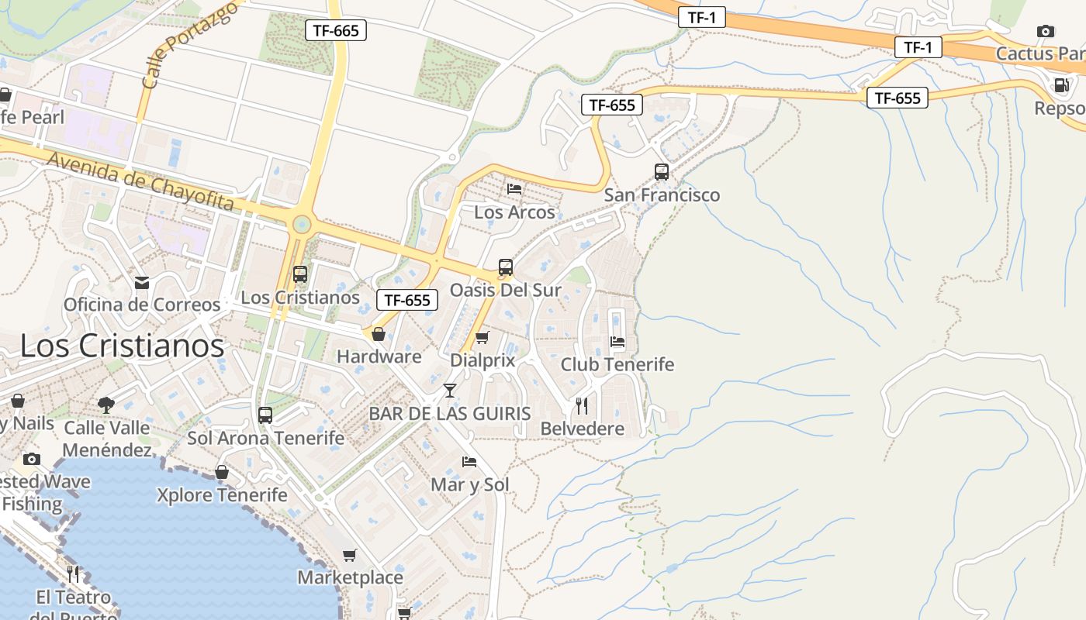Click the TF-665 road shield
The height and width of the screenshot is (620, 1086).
click(336, 30)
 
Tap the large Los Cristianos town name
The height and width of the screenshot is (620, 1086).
click(122, 346)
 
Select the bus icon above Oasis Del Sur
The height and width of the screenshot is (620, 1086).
click(506, 268)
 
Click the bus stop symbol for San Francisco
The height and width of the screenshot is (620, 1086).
click(662, 172)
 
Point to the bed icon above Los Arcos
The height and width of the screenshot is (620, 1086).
click(514, 188)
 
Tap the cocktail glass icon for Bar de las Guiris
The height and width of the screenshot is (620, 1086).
click(450, 390)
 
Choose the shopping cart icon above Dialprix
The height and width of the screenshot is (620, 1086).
click(482, 337)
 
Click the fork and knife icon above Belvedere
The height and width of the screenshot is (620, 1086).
click(582, 405)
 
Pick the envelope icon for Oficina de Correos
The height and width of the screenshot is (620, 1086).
click(141, 282)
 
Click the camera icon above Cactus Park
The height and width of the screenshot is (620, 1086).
click(1046, 32)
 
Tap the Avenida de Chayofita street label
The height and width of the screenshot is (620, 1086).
click(140, 181)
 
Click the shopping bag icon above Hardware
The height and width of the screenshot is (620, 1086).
click(379, 334)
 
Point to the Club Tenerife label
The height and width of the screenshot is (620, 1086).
click(617, 364)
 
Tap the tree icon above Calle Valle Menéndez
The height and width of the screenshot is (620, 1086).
click(106, 405)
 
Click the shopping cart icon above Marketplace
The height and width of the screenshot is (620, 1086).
click(350, 555)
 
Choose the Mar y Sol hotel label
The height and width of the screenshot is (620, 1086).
click(470, 485)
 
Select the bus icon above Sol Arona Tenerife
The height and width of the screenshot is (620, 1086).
click(265, 415)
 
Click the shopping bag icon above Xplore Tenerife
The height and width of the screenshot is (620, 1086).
click(222, 472)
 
